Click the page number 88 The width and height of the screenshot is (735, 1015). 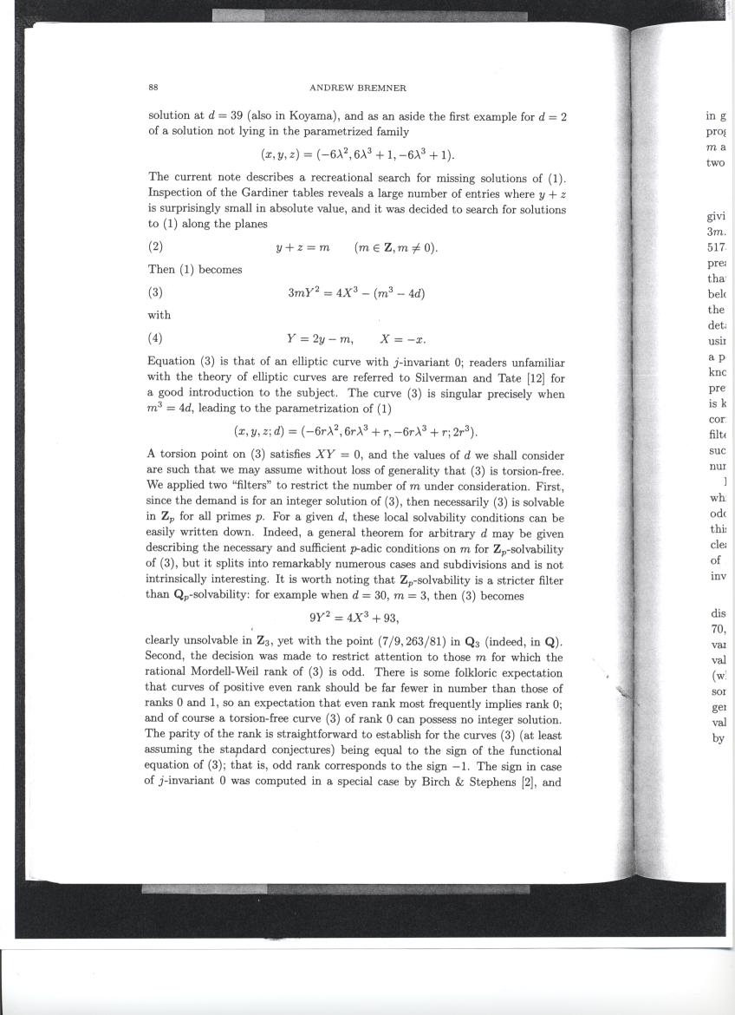tap(153, 88)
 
